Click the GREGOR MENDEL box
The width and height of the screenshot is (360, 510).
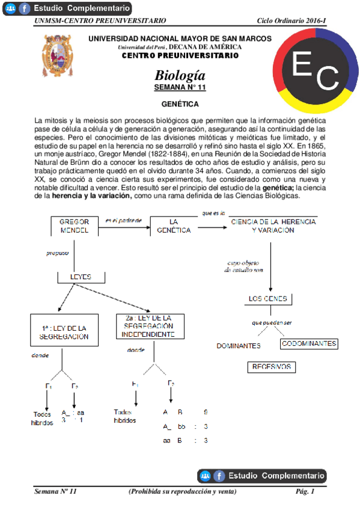point(75,226)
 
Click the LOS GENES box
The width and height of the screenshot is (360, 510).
point(268,299)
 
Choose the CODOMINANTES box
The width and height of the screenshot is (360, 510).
point(309,344)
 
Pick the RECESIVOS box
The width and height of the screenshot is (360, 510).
point(272,366)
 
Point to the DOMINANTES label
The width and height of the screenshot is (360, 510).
point(239,346)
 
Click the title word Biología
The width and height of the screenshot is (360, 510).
point(180,76)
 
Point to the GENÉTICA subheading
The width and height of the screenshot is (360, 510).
point(180,104)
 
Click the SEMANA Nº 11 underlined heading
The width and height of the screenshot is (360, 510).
point(180,88)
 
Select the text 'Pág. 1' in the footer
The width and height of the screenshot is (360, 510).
point(305,491)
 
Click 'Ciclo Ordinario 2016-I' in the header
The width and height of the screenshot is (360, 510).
point(291,20)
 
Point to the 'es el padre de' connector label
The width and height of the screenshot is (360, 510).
point(123,220)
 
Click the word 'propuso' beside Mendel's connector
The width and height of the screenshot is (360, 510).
point(58,253)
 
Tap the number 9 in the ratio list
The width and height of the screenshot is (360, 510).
point(206,412)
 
